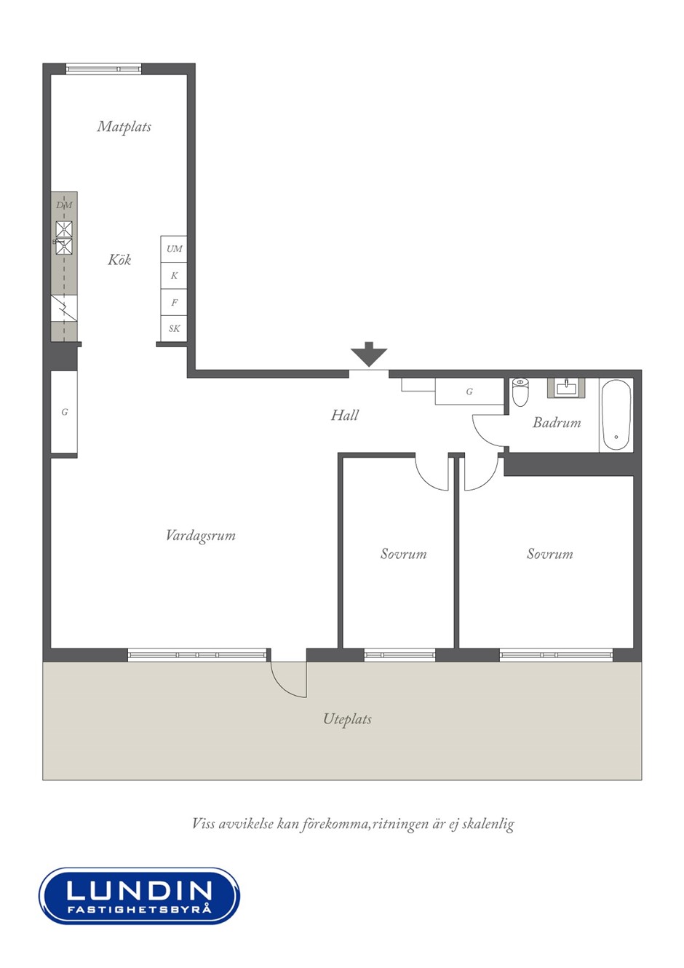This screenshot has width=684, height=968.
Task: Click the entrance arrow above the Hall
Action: point(369,354)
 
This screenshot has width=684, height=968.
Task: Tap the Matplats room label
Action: point(124,127)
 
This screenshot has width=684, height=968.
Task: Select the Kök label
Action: point(119,260)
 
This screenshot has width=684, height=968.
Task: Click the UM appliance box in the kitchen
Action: point(174,249)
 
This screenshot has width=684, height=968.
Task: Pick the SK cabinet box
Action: point(174,328)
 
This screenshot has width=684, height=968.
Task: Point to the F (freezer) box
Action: point(174,303)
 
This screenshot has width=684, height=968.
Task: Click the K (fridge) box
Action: point(174,276)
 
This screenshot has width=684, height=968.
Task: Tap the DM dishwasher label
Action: point(64,205)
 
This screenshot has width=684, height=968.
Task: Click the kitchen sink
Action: point(64,238)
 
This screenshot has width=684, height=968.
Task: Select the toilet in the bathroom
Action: point(520,392)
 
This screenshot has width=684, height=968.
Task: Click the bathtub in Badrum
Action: point(616,415)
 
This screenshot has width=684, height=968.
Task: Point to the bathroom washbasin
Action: point(565,388)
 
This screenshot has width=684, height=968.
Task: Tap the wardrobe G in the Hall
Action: point(469,392)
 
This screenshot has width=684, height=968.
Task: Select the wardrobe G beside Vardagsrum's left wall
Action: point(64,412)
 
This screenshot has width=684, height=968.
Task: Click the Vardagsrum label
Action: point(201,536)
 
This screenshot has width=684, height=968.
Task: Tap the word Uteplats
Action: point(347,718)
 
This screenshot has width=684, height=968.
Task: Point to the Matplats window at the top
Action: point(104,68)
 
